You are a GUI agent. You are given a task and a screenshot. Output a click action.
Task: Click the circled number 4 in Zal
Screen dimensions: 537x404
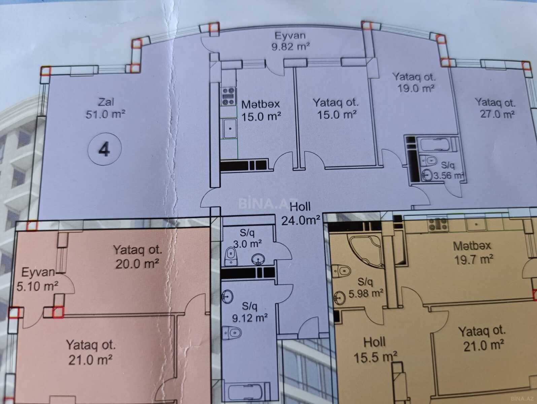(x=104, y=149)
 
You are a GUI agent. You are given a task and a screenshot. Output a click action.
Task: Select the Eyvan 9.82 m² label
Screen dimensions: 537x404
(x=291, y=41)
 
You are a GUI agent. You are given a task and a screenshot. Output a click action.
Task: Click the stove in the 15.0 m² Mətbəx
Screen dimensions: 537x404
(x=229, y=96)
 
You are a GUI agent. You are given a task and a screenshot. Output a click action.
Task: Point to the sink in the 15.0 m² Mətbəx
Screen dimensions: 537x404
(x=230, y=129)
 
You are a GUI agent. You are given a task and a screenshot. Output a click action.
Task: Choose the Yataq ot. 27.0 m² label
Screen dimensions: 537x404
(x=496, y=108)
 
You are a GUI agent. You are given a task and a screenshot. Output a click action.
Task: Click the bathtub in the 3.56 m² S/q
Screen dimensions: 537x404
(x=436, y=145)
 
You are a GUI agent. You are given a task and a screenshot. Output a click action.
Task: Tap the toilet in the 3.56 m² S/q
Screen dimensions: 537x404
(x=428, y=161)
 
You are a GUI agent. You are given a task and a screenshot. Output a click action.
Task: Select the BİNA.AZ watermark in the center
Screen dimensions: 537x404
(x=268, y=203)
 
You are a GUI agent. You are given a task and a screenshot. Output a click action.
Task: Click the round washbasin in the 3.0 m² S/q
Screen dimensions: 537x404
(x=258, y=259)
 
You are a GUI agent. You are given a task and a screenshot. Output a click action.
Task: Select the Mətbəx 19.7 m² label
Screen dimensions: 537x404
(x=472, y=252)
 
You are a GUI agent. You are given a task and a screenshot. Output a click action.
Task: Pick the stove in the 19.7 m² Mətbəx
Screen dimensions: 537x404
(x=438, y=225)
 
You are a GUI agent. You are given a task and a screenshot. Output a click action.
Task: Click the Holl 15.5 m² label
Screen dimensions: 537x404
(x=375, y=350)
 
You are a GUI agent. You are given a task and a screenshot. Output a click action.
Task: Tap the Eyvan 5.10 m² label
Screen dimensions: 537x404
(x=38, y=279)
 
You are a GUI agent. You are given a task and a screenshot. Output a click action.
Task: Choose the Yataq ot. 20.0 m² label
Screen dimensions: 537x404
(x=137, y=257)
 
